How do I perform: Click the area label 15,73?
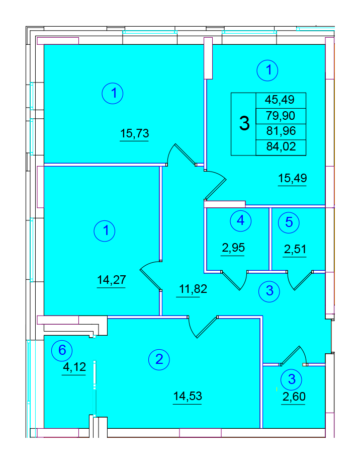(135, 133)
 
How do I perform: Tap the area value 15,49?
(293, 178)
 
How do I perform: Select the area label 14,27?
(112, 279)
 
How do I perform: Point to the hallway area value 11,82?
(193, 289)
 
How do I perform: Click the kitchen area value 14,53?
(188, 396)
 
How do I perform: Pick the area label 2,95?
(233, 248)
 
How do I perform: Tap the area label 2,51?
(295, 249)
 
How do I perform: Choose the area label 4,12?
(74, 367)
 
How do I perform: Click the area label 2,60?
(294, 397)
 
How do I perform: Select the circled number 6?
(62, 350)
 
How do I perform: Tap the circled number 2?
(159, 359)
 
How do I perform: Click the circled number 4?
(241, 220)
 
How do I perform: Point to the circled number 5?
(289, 222)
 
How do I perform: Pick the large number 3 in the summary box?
(244, 123)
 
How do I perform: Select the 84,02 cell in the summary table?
(281, 147)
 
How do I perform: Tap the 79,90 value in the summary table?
(281, 115)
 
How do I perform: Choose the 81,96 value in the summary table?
(281, 131)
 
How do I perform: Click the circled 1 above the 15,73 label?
(113, 93)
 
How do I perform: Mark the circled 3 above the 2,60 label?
(292, 379)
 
